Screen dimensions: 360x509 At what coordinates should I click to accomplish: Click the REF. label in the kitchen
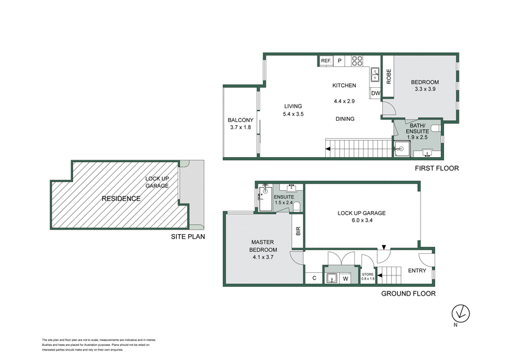pyautogui.click(x=326, y=61)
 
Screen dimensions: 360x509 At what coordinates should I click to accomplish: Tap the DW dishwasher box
pyautogui.click(x=375, y=93)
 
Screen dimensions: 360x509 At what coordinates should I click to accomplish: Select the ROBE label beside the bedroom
pyautogui.click(x=387, y=76)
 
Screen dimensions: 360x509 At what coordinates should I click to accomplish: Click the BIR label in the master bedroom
pyautogui.click(x=297, y=232)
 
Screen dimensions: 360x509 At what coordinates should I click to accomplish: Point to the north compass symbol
pyautogui.click(x=459, y=313)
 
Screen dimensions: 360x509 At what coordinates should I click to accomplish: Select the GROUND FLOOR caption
pyautogui.click(x=408, y=294)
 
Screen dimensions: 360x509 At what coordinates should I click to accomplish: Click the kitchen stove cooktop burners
pyautogui.click(x=357, y=61)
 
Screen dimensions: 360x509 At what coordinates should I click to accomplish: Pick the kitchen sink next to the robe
pyautogui.click(x=375, y=75)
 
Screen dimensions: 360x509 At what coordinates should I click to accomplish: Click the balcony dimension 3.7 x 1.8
pyautogui.click(x=241, y=128)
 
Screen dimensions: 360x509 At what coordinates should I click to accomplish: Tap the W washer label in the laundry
pyautogui.click(x=345, y=277)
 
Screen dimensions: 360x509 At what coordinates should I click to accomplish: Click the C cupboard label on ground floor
pyautogui.click(x=314, y=277)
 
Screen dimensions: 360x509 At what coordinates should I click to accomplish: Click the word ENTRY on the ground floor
pyautogui.click(x=417, y=270)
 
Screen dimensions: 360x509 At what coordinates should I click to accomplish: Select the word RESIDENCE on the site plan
pyautogui.click(x=121, y=198)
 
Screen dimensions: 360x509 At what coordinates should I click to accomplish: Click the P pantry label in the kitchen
pyautogui.click(x=340, y=61)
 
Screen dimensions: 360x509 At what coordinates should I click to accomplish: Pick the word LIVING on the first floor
pyautogui.click(x=293, y=106)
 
